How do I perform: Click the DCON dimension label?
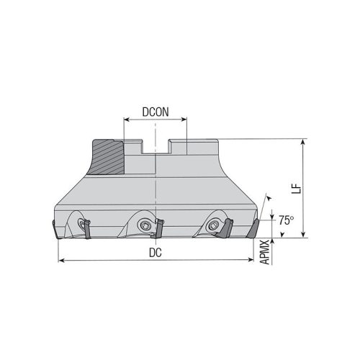[155, 113]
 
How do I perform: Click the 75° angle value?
[287, 220]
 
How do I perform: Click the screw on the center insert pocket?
[145, 225]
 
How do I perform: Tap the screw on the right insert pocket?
[213, 225]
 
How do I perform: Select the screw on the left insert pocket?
[81, 225]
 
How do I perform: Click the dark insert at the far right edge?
[252, 229]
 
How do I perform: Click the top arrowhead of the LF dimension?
[305, 142]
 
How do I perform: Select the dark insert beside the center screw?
[160, 229]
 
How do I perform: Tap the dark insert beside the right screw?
[225, 228]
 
